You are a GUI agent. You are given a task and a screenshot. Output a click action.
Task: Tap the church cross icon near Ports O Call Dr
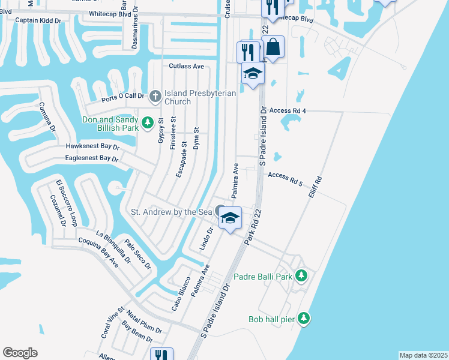155,95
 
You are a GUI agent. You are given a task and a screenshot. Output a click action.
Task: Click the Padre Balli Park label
268,277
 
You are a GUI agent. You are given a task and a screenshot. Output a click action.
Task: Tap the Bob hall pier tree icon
304,317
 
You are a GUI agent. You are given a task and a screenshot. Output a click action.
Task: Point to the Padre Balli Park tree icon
302,276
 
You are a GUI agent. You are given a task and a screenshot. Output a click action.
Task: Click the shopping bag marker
273,46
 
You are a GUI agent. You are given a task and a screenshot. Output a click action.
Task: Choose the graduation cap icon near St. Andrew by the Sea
229,217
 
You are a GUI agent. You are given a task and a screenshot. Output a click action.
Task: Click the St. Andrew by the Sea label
172,212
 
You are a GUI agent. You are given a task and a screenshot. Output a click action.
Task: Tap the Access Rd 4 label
288,111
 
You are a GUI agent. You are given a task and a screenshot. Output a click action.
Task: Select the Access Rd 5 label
285,175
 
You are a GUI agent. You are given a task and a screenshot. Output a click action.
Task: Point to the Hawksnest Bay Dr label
93,146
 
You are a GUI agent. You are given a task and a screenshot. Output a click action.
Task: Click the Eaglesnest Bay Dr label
92,158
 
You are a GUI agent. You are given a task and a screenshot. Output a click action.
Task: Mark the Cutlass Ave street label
187,66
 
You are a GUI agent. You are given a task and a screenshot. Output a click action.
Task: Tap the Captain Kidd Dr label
38,20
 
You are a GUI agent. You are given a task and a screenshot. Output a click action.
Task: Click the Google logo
20,353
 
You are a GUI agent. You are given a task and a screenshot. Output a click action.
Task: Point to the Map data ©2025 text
423,355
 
